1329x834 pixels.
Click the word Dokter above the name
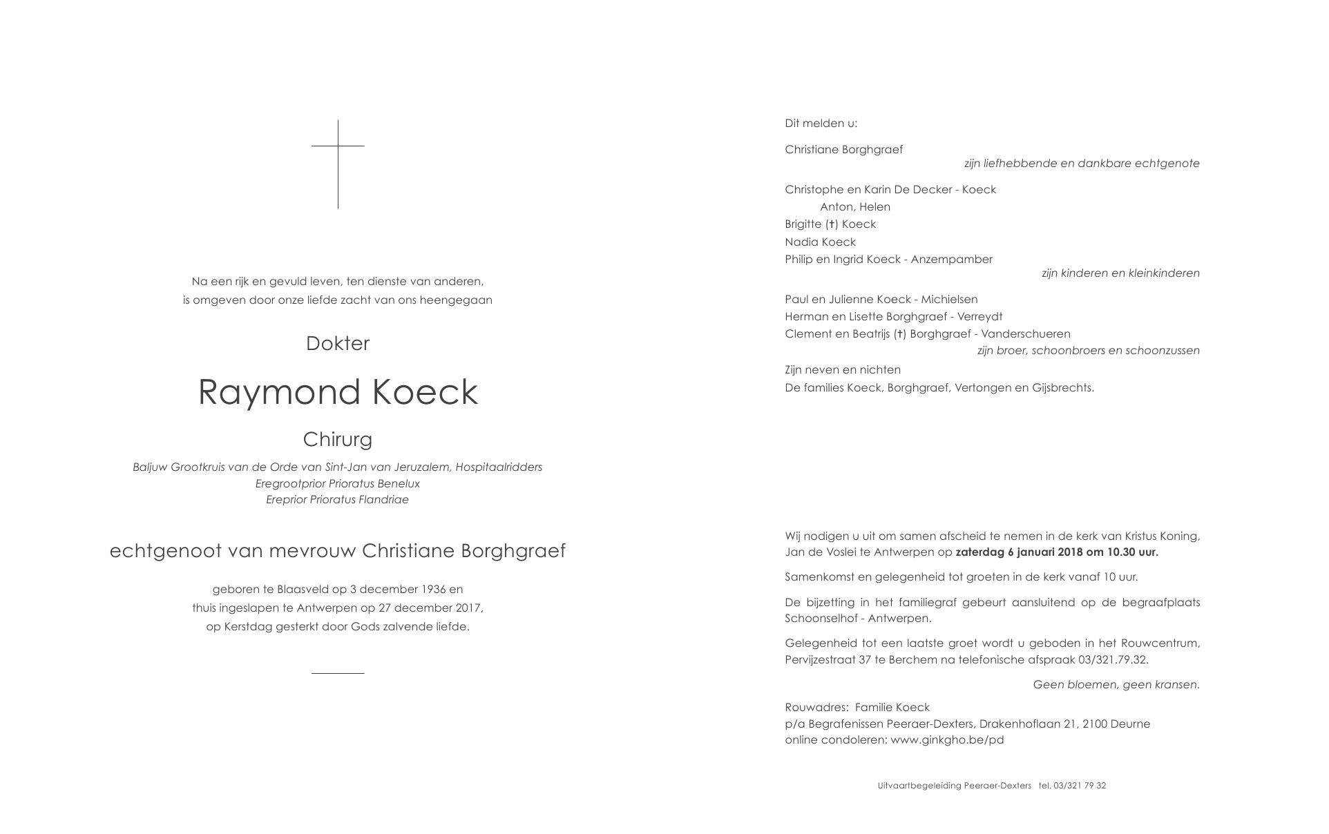(338, 344)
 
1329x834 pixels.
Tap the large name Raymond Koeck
(338, 392)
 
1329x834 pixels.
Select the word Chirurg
(338, 439)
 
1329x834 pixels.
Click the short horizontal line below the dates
(338, 673)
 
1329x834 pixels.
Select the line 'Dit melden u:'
(821, 124)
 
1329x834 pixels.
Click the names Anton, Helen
(855, 207)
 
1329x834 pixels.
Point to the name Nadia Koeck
(820, 242)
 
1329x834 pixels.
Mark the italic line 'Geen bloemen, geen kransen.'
(1116, 685)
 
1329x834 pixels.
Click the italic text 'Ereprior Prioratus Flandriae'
(338, 500)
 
